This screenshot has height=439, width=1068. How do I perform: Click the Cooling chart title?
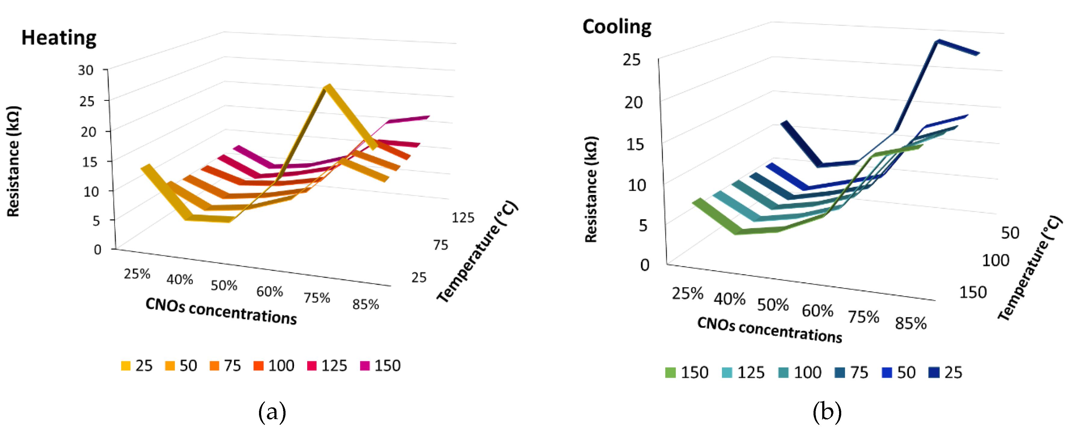pos(617,27)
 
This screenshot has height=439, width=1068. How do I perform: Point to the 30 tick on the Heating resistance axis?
pos(86,70)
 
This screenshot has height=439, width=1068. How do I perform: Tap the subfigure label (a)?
pos(272,412)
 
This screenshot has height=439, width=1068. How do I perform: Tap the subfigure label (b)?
pos(827,412)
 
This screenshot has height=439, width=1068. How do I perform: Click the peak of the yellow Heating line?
pos(328,88)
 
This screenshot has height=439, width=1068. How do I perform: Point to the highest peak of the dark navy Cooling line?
pos(938,42)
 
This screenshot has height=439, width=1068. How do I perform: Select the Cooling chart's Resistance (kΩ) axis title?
pos(591,189)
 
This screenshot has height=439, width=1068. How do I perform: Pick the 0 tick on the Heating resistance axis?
pos(97,250)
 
